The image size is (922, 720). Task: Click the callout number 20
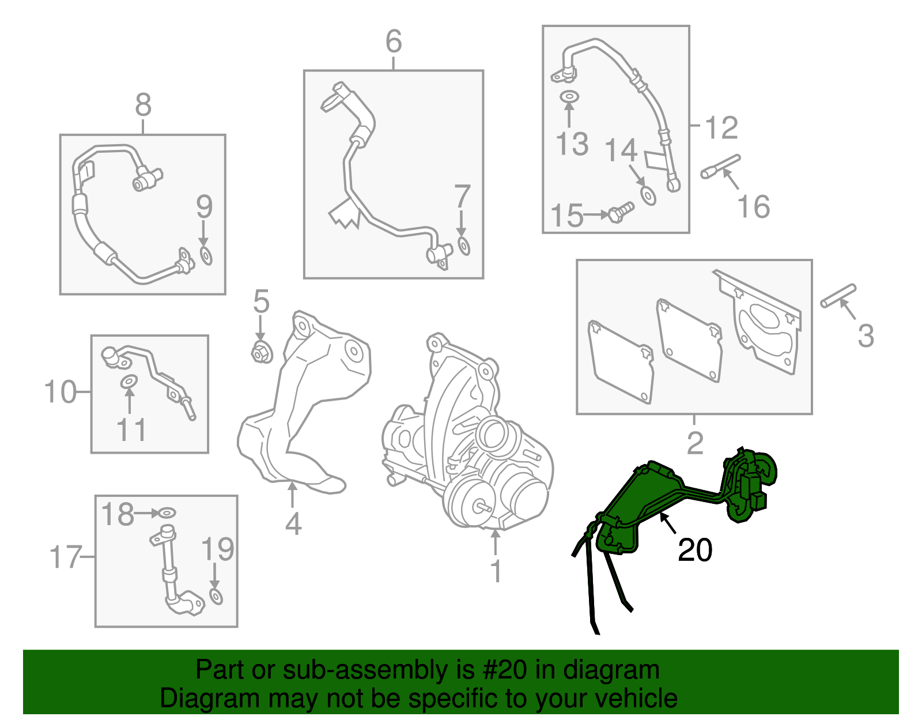tap(694, 550)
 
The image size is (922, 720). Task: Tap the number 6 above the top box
tap(394, 41)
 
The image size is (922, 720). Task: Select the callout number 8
tap(143, 105)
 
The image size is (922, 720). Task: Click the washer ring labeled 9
tap(206, 257)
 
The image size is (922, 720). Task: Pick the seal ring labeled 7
tap(464, 247)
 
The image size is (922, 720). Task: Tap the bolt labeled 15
tap(621, 213)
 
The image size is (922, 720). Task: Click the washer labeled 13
tap(569, 97)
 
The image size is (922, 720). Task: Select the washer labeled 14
tap(648, 195)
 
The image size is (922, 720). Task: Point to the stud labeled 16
tap(720, 167)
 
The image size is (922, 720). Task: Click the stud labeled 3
tap(838, 296)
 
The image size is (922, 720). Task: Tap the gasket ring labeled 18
tap(167, 514)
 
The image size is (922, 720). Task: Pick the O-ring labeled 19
tap(216, 597)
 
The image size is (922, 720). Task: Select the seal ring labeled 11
tap(129, 382)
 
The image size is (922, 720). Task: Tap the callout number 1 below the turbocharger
tap(496, 571)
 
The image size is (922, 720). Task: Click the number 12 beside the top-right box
tap(721, 127)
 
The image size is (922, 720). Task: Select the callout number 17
tap(65, 557)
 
